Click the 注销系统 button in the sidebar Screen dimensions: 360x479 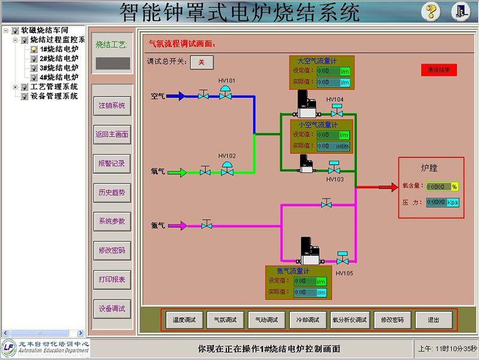[112, 105]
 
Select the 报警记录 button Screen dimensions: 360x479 [112, 164]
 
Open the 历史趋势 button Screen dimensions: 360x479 [112, 192]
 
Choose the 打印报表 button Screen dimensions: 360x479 [112, 280]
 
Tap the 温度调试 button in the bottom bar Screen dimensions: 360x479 [184, 320]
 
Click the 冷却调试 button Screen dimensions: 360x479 [308, 320]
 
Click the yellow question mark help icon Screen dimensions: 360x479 [431, 11]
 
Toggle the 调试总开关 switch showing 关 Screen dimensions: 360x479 [201, 62]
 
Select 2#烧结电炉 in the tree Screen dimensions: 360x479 [59, 59]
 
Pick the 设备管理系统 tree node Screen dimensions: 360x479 [54, 96]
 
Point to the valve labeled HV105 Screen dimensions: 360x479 [342, 259]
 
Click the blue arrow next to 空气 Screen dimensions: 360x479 [177, 96]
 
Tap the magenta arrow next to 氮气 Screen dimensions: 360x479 [178, 226]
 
